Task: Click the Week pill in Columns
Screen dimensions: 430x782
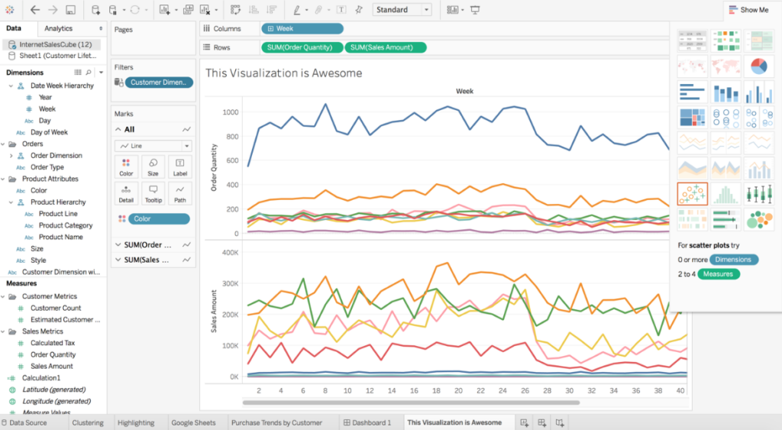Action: [302, 28]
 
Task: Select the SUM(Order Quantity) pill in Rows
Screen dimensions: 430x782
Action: [301, 47]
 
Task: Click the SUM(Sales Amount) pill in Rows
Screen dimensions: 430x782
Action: [386, 47]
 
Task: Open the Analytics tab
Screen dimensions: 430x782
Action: [59, 28]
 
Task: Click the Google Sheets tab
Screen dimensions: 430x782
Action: [193, 422]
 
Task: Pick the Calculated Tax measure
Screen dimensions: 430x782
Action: [53, 343]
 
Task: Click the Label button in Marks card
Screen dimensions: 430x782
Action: [179, 167]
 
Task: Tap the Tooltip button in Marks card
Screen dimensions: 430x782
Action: [153, 193]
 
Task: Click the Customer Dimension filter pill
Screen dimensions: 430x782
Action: [157, 82]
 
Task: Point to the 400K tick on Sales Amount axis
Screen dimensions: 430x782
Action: [228, 251]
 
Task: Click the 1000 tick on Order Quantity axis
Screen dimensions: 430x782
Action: [230, 112]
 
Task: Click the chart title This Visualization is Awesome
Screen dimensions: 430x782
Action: [283, 73]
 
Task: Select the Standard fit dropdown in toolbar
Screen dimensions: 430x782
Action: [402, 10]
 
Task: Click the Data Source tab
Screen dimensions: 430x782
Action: [27, 422]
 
